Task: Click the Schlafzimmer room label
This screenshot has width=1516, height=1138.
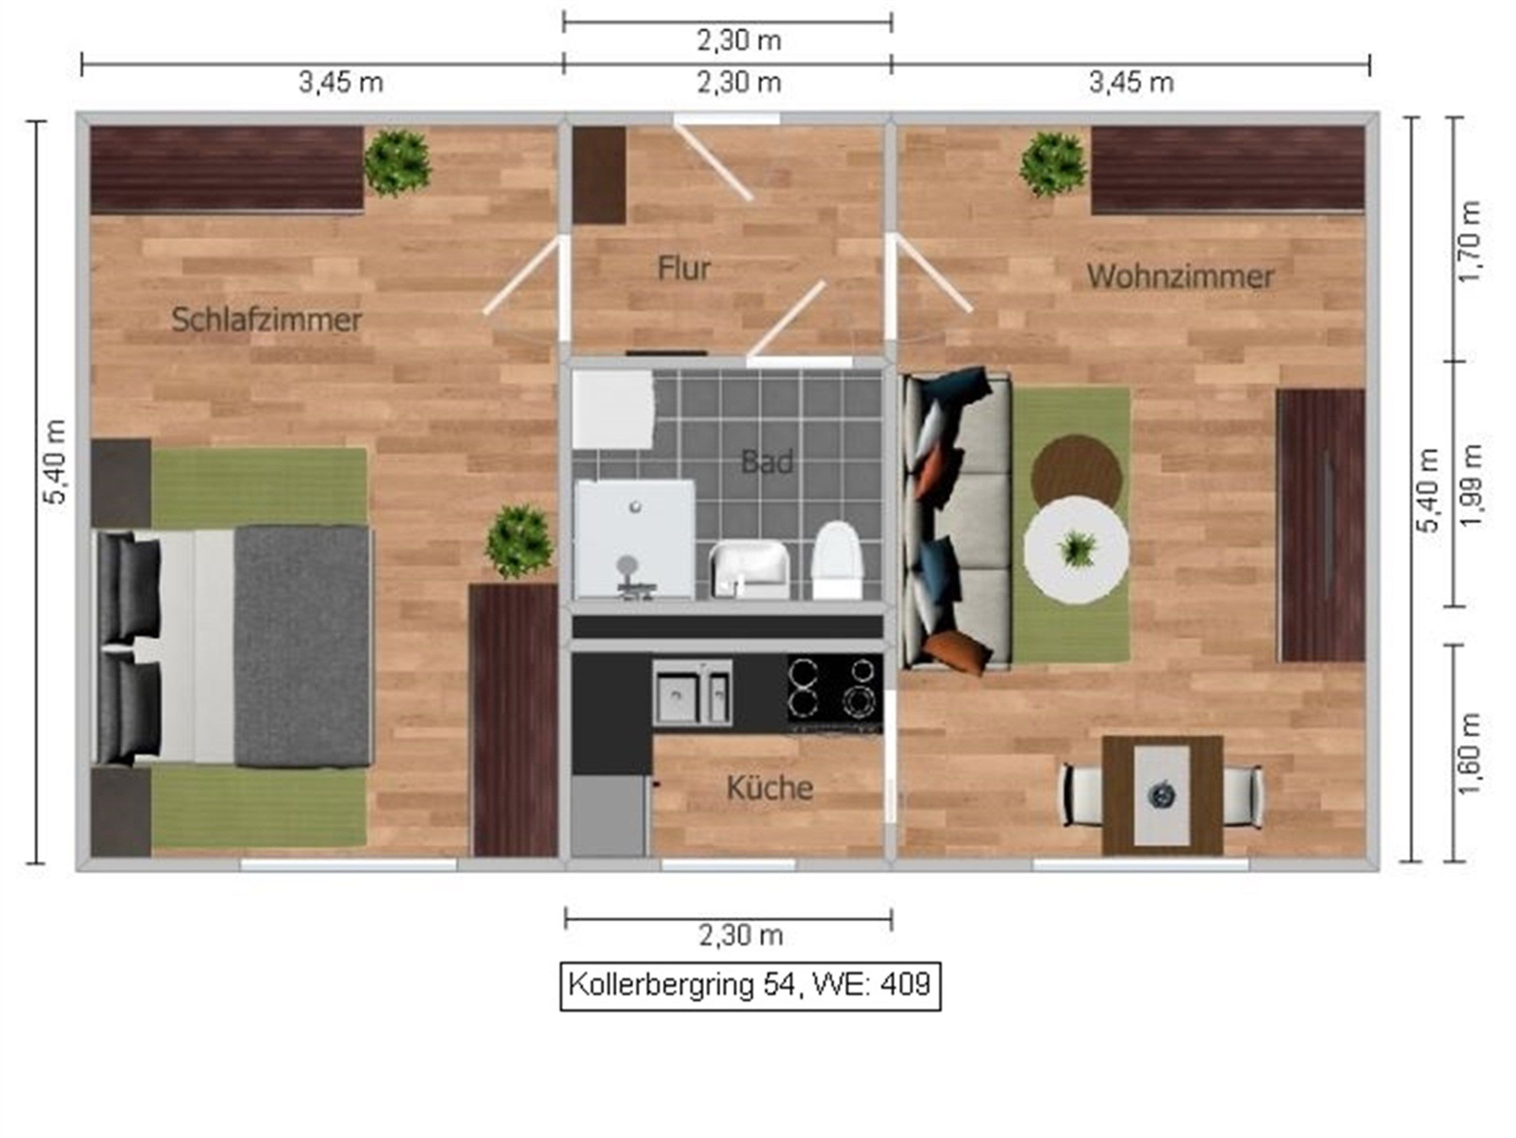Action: (x=266, y=320)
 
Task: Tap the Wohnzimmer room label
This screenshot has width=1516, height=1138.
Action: (x=1180, y=277)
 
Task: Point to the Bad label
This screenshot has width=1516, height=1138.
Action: (x=767, y=462)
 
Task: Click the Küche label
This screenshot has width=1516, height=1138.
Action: (x=770, y=788)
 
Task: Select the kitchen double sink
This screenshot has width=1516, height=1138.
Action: (x=692, y=693)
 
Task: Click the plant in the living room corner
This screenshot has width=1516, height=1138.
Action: (x=1054, y=165)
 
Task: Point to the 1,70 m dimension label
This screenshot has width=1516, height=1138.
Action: (x=1469, y=241)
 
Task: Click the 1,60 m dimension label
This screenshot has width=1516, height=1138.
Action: (x=1469, y=754)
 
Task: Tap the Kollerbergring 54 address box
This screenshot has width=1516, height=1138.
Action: (x=750, y=986)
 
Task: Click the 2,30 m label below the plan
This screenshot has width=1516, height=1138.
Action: (x=741, y=935)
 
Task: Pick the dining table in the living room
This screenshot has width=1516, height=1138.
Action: (x=1162, y=795)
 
